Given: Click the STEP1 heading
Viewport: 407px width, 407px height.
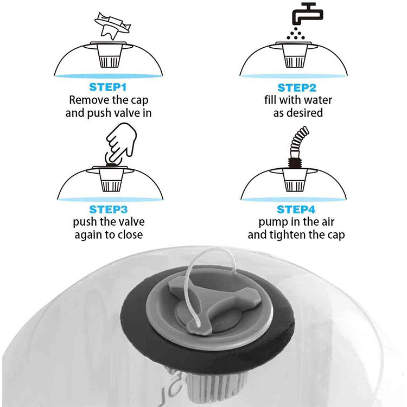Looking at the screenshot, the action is pos(108,87).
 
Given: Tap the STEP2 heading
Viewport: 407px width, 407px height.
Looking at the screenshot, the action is pos(297,88).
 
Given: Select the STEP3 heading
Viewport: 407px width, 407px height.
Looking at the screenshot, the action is pos(108,209).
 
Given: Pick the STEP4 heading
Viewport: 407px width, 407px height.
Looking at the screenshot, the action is pos(296,209).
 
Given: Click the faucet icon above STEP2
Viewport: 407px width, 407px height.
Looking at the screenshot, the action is pos(308,14).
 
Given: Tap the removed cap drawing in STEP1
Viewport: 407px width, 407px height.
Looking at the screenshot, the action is pos(112,26).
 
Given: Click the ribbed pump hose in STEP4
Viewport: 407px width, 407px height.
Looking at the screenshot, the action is pos(300,142).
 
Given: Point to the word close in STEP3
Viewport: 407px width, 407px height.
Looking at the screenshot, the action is pos(130,234).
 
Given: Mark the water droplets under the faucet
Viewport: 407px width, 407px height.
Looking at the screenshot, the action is pos(296,34).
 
